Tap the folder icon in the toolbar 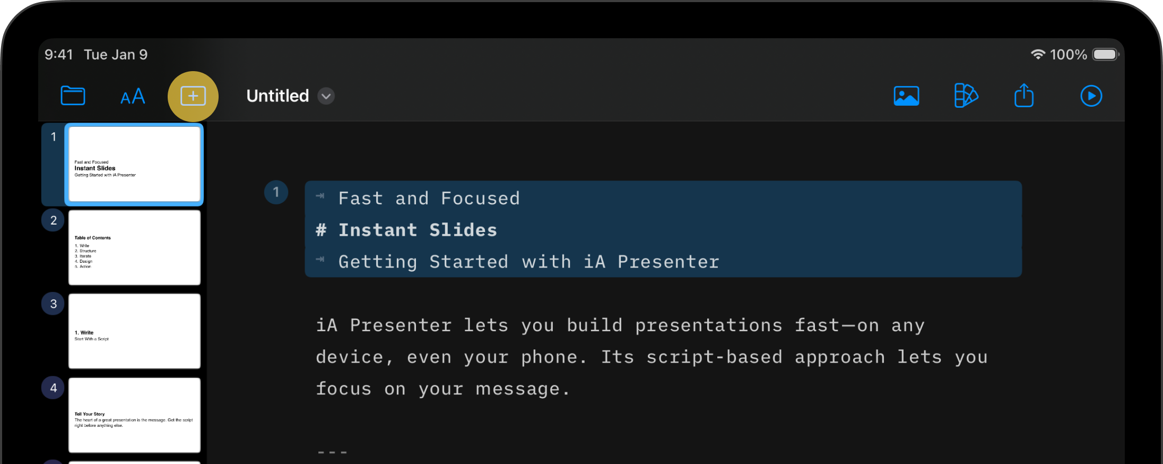(73, 96)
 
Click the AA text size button (133, 97)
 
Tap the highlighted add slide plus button (193, 96)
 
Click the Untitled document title (277, 96)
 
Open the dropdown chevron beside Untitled (326, 96)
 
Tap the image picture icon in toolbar (906, 96)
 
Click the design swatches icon (966, 96)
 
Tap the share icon (1024, 96)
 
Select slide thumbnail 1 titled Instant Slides (134, 164)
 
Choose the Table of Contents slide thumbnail (134, 247)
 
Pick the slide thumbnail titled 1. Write (134, 331)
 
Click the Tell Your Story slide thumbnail (134, 415)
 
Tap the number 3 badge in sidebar (53, 304)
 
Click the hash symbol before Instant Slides (321, 230)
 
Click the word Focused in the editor (480, 199)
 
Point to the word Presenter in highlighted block (669, 262)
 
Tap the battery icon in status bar (1105, 55)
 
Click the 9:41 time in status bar (58, 55)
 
